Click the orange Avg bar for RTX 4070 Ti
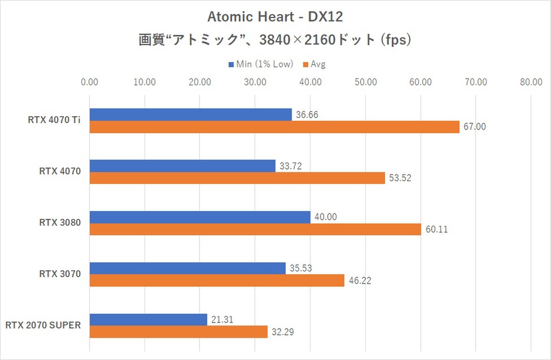[274, 127]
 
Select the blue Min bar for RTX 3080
[200, 217]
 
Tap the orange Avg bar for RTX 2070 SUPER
[178, 332]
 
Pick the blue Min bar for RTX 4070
[182, 165]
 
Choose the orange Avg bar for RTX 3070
[217, 280]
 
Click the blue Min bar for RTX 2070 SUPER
[148, 319]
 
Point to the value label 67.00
[474, 127]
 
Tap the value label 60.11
[436, 230]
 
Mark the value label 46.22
[359, 280]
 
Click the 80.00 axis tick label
[531, 82]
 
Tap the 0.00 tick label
[90, 82]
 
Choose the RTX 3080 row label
[60, 223]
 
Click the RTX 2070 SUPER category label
[43, 326]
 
